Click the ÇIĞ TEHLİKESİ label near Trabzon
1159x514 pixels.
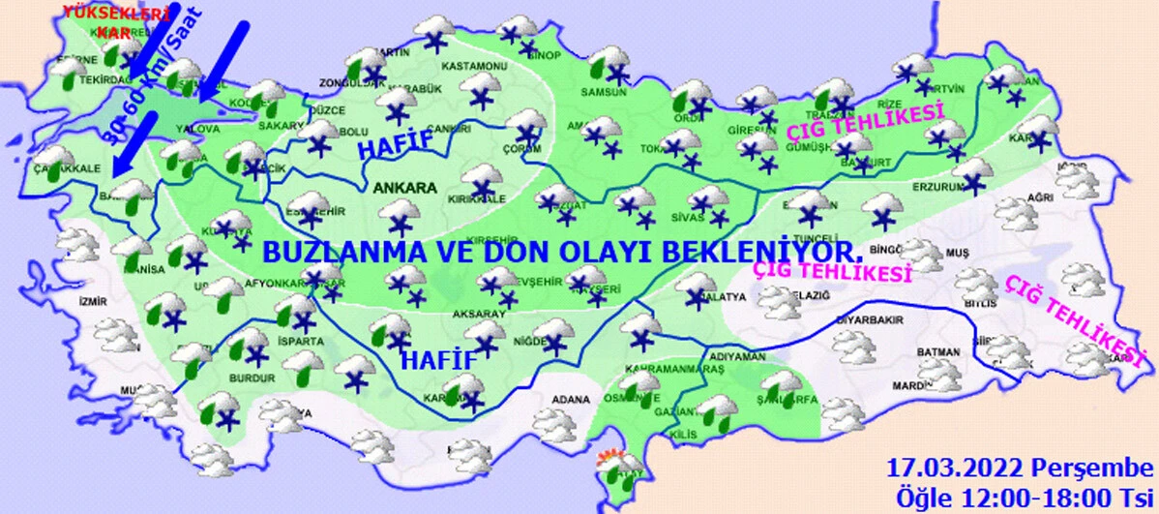click(864, 128)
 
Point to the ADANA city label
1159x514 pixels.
click(566, 400)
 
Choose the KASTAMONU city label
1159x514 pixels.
click(474, 67)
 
